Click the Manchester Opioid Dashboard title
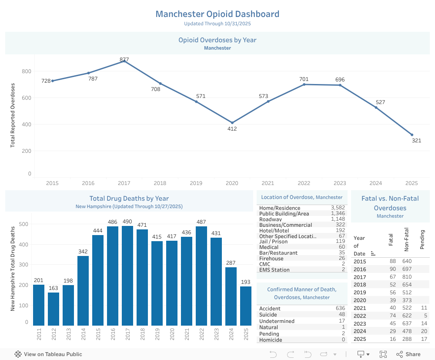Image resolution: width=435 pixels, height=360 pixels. coord(217,14)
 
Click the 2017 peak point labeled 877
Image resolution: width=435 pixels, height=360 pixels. coord(124,61)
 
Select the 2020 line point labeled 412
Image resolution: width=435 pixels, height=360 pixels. coord(232,123)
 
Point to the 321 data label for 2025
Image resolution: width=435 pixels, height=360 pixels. coord(416,141)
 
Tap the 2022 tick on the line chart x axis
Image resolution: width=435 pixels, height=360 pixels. coord(304,183)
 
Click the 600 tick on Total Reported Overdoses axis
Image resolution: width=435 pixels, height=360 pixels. coord(26,98)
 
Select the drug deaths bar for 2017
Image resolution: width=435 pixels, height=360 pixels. coord(127,275)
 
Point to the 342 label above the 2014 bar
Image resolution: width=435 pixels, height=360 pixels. coord(83,252)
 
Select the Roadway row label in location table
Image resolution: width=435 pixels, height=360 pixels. coord(270,219)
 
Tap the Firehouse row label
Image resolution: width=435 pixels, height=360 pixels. coord(271,259)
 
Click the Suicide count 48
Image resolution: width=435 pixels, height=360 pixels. coord(341,315)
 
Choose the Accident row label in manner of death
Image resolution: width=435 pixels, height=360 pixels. coord(270,309)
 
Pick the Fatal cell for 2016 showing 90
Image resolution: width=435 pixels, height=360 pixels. coord(392,269)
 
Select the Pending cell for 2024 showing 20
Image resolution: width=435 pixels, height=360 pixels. coord(425,331)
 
